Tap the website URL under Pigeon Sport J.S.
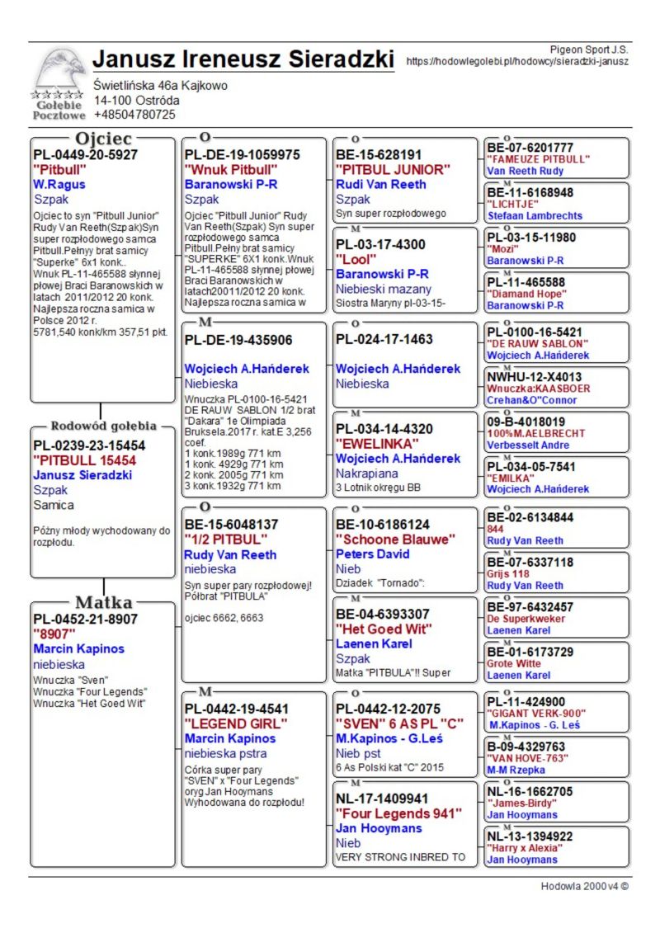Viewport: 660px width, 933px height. [x=517, y=61]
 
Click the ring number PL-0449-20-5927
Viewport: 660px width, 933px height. [x=85, y=155]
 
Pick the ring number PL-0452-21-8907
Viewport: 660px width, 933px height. [x=85, y=619]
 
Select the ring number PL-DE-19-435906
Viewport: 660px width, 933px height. [x=238, y=340]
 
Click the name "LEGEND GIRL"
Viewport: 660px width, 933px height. [x=235, y=723]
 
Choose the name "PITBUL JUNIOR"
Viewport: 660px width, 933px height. [x=392, y=170]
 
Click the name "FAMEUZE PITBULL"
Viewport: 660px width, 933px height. [x=538, y=159]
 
